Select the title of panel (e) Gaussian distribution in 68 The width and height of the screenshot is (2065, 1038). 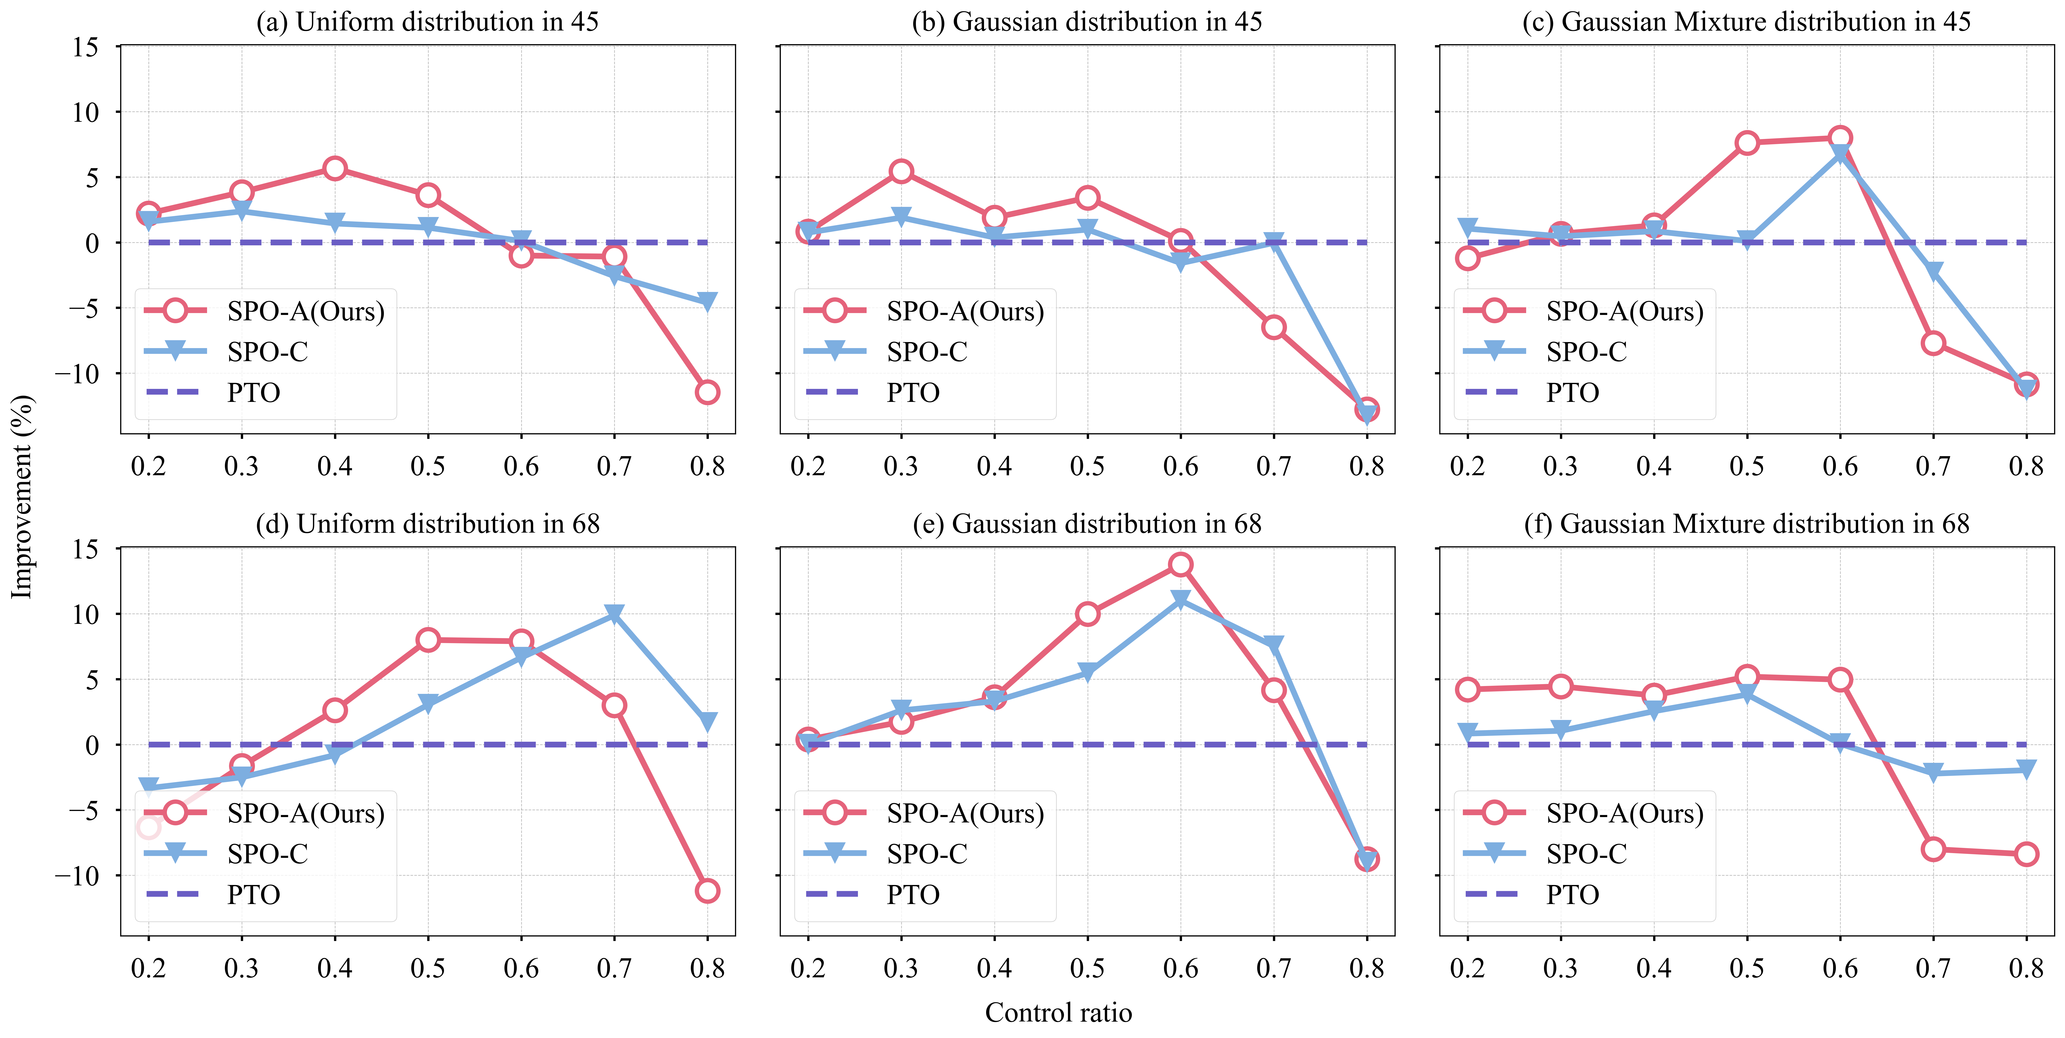[x=1087, y=524]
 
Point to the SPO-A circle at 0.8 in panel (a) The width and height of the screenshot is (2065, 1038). [x=707, y=392]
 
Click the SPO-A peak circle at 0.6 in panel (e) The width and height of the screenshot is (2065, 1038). [x=1180, y=564]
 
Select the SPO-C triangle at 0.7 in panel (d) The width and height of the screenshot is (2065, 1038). [x=614, y=614]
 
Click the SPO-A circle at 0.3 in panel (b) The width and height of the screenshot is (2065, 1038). [x=901, y=171]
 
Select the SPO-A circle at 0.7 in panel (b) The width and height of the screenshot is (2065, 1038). [x=1274, y=327]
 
